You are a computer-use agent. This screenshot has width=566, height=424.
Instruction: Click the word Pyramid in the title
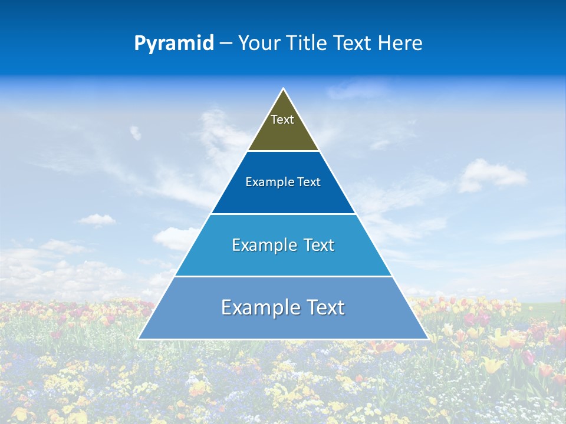(174, 44)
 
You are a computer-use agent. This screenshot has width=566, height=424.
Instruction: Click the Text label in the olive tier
(282, 120)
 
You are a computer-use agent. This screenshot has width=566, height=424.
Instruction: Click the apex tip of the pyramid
(284, 89)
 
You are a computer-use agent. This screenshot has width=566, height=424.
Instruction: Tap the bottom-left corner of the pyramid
(139, 339)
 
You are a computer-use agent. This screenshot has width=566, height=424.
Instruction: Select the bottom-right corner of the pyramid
(428, 339)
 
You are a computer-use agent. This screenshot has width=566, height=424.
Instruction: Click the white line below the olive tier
(284, 151)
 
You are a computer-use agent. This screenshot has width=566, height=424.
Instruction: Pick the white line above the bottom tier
(284, 276)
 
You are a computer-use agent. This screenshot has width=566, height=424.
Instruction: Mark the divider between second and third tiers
(284, 214)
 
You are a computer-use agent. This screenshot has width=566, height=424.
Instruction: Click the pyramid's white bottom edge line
(284, 339)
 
